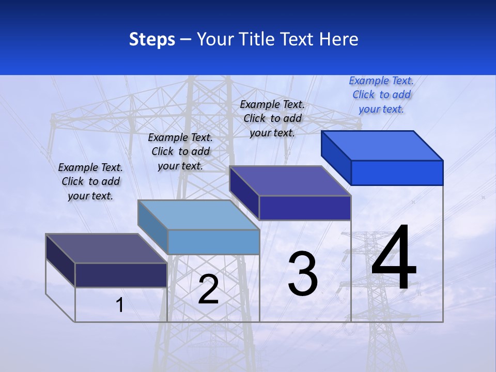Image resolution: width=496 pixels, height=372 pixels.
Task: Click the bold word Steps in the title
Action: [x=152, y=39]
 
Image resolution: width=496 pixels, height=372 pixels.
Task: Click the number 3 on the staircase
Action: [x=303, y=274]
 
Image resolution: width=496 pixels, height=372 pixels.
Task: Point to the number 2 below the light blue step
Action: [x=208, y=289]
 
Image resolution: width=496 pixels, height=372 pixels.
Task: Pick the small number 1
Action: [x=120, y=305]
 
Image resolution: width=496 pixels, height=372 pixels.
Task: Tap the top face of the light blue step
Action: [x=198, y=215]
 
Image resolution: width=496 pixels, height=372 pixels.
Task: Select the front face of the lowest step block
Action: [x=121, y=275]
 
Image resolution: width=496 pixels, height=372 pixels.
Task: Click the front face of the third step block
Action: [x=305, y=208]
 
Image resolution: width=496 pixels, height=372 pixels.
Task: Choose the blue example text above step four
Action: [x=381, y=95]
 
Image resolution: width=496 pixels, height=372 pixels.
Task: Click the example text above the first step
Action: [x=90, y=181]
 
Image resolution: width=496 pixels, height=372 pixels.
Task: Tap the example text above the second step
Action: [x=180, y=151]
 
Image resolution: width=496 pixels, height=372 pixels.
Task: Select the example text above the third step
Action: [x=272, y=118]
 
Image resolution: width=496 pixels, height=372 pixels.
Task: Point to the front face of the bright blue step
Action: [x=397, y=173]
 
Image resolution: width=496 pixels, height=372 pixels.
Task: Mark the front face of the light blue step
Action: [x=213, y=242]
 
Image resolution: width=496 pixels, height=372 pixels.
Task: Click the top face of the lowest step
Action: [x=106, y=248]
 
